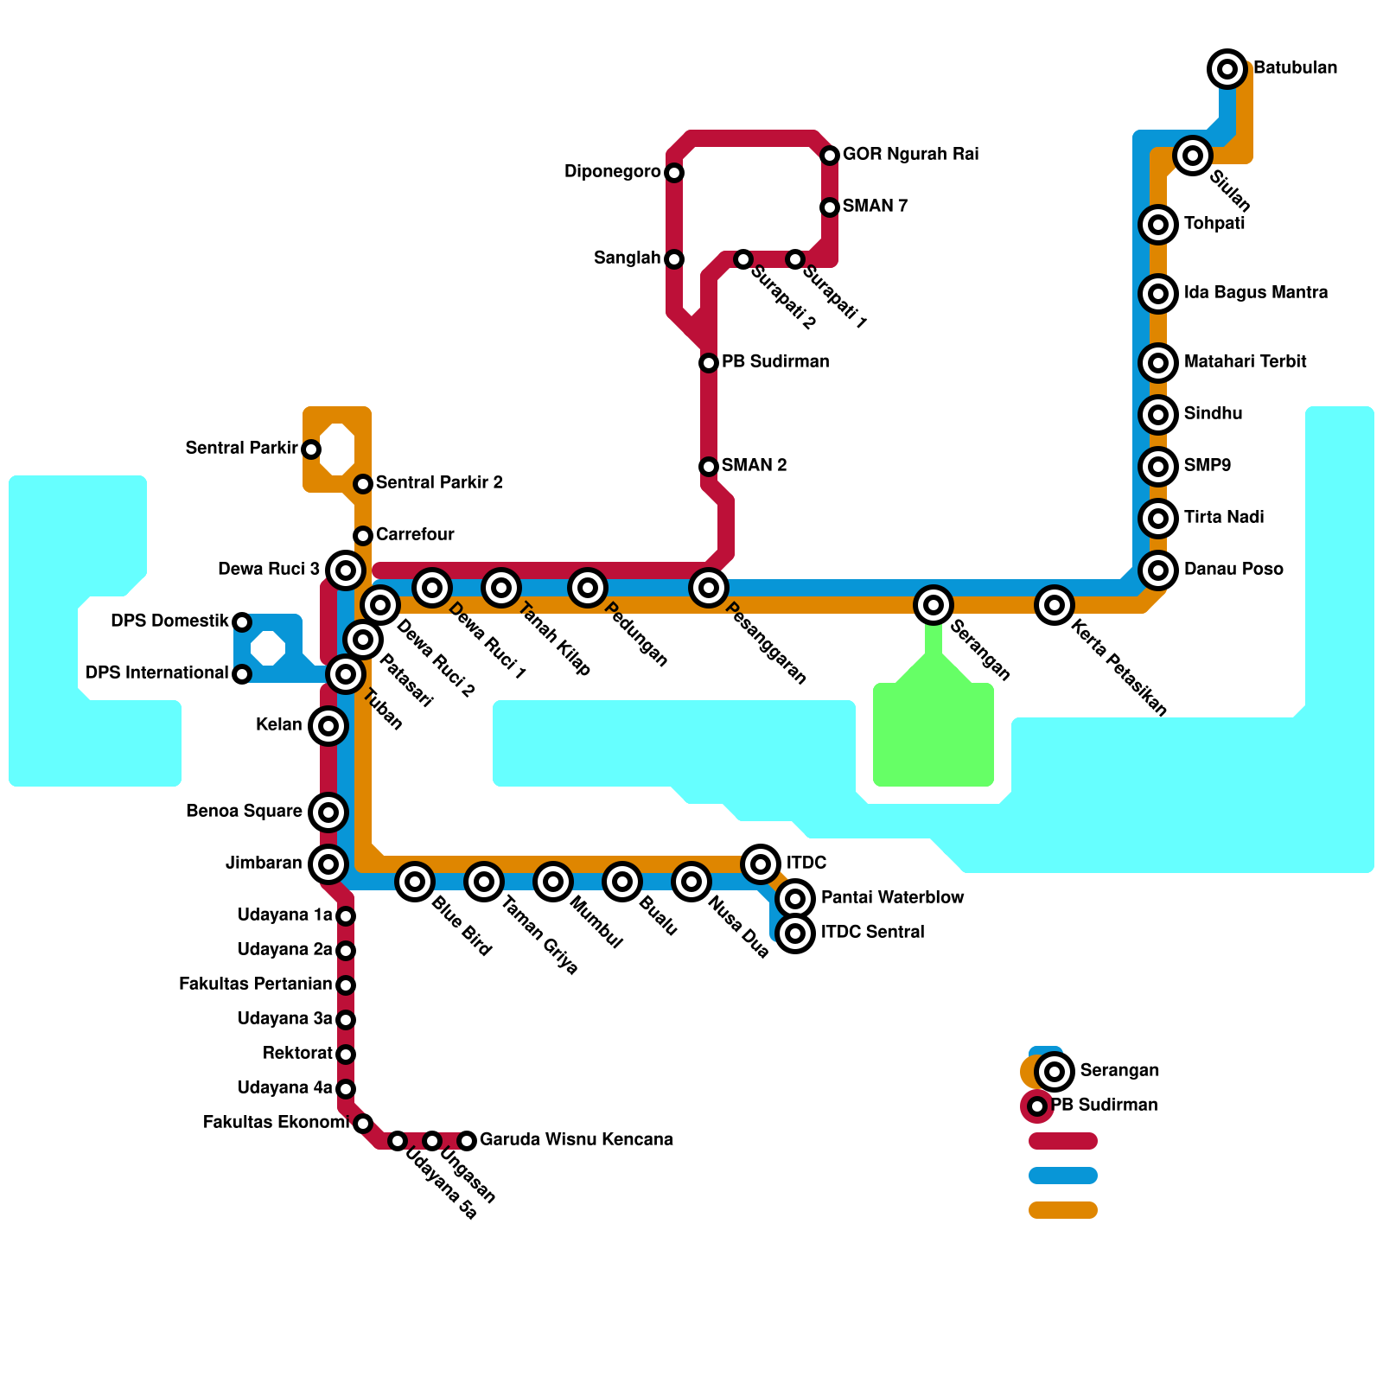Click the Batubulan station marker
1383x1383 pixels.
[x=1227, y=68]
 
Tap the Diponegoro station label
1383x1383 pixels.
[x=612, y=172]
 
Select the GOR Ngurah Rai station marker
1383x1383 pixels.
[x=830, y=156]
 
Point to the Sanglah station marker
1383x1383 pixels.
[x=674, y=259]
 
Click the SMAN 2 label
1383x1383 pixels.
[x=754, y=466]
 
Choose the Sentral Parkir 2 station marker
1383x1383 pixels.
[x=363, y=484]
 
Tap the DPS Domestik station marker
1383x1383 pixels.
[x=242, y=622]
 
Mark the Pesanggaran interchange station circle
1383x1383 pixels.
[x=709, y=588]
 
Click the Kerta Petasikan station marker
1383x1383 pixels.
[x=1055, y=605]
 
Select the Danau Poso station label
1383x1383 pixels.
[x=1233, y=570]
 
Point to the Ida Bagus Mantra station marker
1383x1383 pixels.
[x=1158, y=294]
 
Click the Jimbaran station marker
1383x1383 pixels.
[x=328, y=864]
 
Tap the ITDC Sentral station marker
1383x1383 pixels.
[x=795, y=934]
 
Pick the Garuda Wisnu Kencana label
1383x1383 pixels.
[x=576, y=1140]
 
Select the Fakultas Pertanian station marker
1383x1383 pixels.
[x=346, y=985]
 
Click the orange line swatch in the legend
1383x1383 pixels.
[x=1063, y=1210]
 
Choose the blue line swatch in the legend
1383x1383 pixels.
[x=1063, y=1176]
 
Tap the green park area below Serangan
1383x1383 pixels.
[x=934, y=735]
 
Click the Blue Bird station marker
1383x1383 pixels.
[x=415, y=882]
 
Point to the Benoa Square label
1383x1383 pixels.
[x=244, y=812]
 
